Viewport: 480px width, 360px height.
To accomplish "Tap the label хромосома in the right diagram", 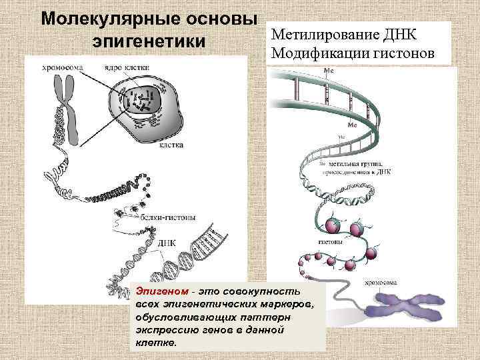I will (382, 282).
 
